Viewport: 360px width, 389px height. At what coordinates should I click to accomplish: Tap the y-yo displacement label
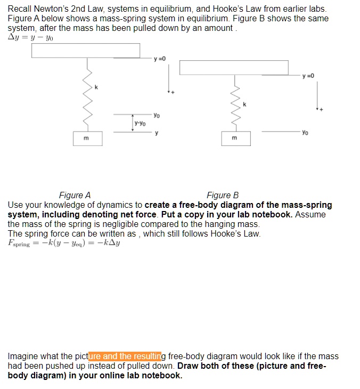[x=141, y=123]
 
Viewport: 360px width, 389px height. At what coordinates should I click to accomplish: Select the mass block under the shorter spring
[x=236, y=139]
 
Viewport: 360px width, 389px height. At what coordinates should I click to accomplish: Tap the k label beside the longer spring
[x=96, y=86]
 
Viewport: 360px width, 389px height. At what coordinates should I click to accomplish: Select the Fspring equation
[x=64, y=244]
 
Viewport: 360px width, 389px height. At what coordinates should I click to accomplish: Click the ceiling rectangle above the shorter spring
[x=234, y=68]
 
